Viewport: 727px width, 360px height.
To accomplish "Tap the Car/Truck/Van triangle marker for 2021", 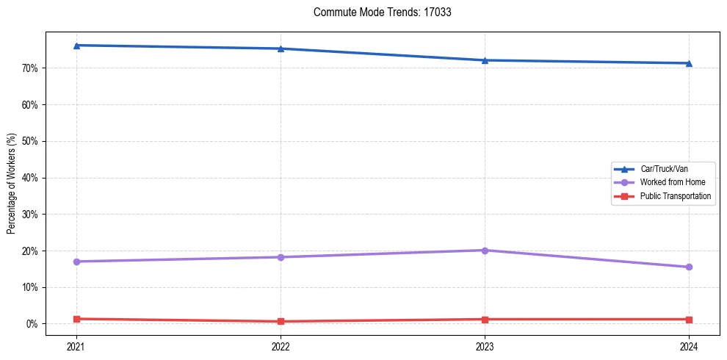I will click(76, 46).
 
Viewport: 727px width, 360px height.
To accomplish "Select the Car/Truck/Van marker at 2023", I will click(485, 60).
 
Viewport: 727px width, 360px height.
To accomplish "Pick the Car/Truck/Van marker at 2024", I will click(689, 63).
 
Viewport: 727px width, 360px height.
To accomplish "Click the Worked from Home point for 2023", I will click(485, 251).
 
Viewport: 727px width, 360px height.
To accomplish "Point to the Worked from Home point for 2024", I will click(689, 267).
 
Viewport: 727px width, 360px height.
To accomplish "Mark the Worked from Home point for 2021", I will click(76, 262).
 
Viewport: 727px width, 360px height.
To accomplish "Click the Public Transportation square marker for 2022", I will click(281, 321).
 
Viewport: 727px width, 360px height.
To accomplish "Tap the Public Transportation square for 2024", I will click(689, 320).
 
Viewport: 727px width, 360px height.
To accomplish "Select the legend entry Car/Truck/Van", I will click(664, 168).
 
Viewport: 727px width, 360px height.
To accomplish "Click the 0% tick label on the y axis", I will click(32, 324).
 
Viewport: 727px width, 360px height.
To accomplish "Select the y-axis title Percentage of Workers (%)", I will click(12, 184).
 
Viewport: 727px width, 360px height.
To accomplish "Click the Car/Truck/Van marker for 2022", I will click(281, 48).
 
